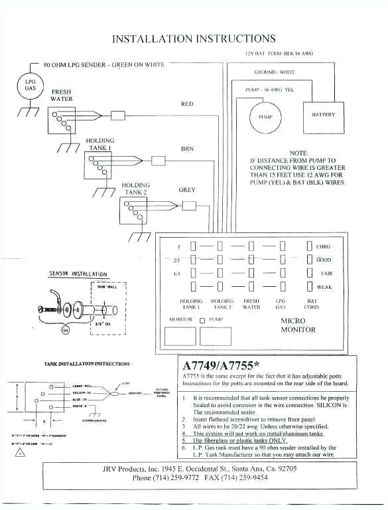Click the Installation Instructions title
[194, 39]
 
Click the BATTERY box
[323, 115]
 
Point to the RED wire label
[187, 104]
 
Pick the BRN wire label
[187, 149]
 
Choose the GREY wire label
[187, 190]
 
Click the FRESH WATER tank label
[62, 95]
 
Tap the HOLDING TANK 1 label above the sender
[99, 144]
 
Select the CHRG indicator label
[324, 247]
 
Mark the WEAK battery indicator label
[324, 288]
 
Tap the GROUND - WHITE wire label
[275, 72]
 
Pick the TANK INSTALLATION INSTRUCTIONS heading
[87, 364]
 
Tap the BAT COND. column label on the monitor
[311, 304]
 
